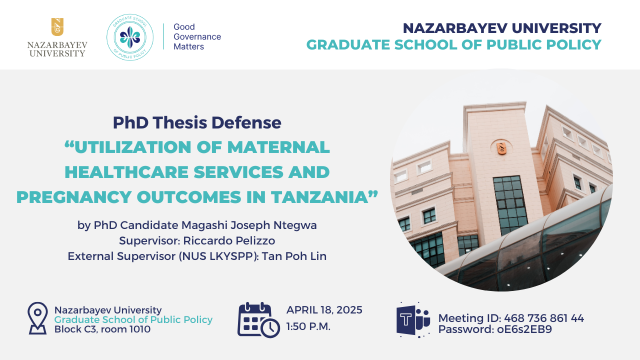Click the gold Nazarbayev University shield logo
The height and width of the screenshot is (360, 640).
pos(57,27)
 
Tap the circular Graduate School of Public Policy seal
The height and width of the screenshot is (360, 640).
pos(130,37)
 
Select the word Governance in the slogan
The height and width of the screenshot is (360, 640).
pos(197,36)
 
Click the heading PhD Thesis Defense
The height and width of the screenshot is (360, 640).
pos(197,122)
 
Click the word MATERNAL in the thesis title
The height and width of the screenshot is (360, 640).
pos(278,147)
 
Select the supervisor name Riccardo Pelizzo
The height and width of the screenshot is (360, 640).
pos(229,240)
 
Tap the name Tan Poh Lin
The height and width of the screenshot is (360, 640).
pos(294,256)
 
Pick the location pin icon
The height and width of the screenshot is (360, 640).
pos(37,318)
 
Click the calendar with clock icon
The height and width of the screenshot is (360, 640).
pos(258,320)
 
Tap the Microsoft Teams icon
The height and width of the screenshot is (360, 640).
pos(413,320)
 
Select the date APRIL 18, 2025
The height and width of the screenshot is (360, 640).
pos(324,310)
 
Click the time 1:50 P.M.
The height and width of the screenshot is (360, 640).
pos(308,326)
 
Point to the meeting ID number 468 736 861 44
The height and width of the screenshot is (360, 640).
pos(544,318)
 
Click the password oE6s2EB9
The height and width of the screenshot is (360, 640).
pos(524,329)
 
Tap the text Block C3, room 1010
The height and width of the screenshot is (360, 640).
pos(102,329)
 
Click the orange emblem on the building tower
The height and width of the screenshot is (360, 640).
pos(501,148)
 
